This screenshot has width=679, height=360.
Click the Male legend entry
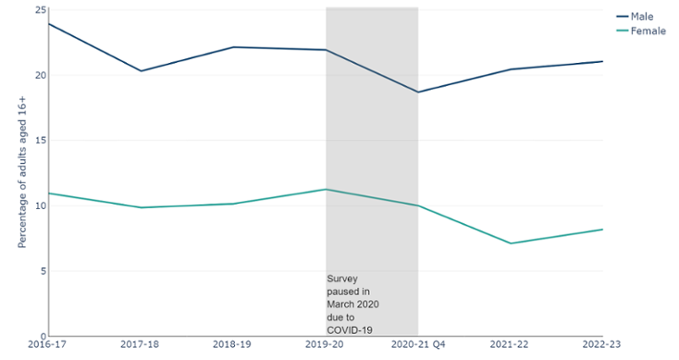coord(642,17)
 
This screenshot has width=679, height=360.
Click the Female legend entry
coord(647,31)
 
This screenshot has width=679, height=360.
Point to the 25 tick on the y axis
coord(40,10)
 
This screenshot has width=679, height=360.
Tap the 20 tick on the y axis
coord(40,75)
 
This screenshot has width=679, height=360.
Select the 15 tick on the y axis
coord(40,141)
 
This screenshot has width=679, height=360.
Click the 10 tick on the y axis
coord(40,205)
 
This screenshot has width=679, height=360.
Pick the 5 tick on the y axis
coord(43,271)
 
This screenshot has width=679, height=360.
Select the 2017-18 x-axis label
coord(141,344)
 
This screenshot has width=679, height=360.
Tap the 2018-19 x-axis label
coord(233,344)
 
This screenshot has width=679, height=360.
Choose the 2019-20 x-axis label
coord(326,344)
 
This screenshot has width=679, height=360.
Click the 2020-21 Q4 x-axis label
coord(418,344)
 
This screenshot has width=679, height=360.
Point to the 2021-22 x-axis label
coord(511,344)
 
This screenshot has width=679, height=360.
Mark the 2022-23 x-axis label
coord(601,344)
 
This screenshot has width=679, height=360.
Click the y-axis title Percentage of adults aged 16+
coord(21,173)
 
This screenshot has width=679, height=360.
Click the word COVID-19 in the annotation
coord(347,329)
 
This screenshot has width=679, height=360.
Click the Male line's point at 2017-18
coord(141,71)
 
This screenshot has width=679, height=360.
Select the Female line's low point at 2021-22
coord(511,243)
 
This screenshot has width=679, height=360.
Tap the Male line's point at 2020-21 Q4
coord(418,92)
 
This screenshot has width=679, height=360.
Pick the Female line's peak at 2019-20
coord(326,190)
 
